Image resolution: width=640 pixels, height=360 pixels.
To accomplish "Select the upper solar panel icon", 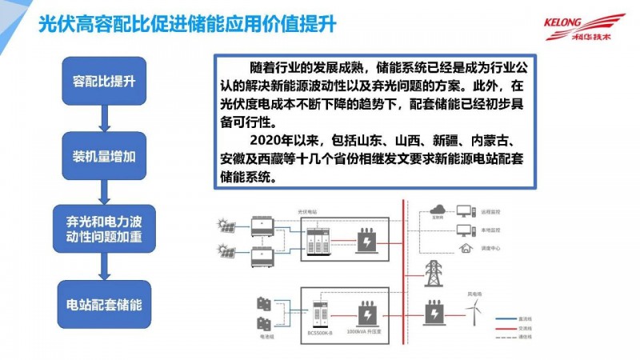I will tap(226, 226).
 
